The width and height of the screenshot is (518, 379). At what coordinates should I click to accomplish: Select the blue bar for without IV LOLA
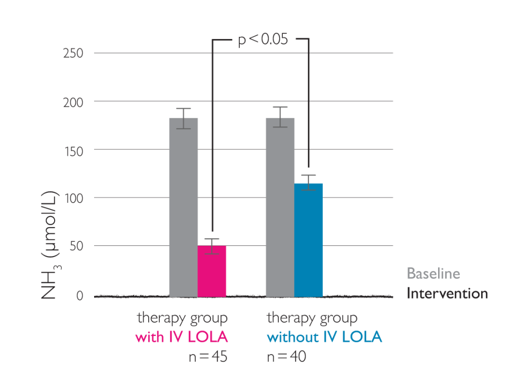(x=309, y=240)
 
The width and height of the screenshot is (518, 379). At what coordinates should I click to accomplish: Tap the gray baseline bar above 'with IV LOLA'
(x=183, y=207)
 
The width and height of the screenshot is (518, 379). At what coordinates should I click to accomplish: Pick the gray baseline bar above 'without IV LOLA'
(x=280, y=207)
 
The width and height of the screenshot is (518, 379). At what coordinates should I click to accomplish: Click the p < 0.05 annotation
(x=263, y=39)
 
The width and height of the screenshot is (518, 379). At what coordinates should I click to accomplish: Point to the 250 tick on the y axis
(x=73, y=53)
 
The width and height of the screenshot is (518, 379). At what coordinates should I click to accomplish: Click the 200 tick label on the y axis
(x=73, y=102)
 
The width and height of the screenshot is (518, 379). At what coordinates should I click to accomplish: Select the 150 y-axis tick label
(x=73, y=150)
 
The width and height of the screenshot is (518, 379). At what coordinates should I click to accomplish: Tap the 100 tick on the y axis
(x=73, y=198)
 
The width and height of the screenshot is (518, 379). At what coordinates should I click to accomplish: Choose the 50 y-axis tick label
(x=76, y=246)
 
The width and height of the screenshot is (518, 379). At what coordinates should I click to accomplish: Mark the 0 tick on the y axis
(x=79, y=296)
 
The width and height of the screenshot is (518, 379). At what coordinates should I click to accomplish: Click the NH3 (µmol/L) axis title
(x=50, y=245)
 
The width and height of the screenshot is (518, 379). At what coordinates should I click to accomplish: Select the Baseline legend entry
(x=434, y=274)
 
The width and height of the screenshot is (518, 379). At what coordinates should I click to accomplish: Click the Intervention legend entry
(x=447, y=293)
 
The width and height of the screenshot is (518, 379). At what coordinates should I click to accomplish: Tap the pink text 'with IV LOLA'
(x=182, y=337)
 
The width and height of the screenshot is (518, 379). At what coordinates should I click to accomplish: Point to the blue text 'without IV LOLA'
(x=324, y=337)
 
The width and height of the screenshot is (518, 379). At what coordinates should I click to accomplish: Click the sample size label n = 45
(x=207, y=356)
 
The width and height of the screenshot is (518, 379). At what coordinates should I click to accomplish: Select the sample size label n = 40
(x=286, y=356)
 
